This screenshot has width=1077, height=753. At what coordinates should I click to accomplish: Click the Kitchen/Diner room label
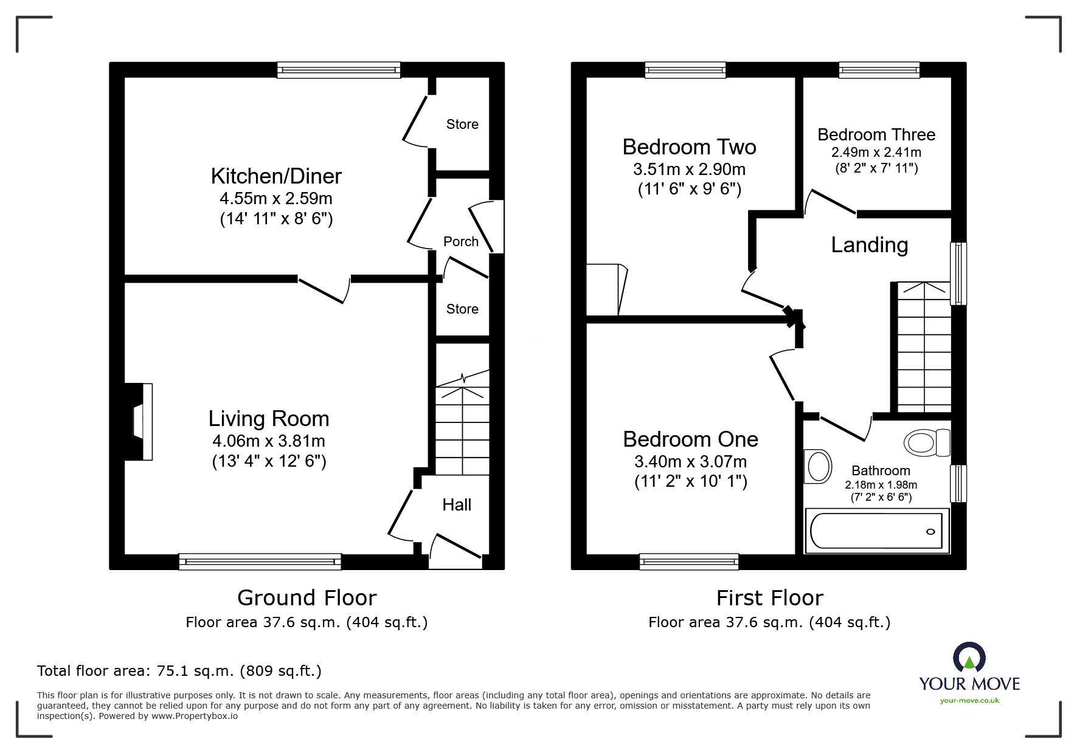(x=276, y=176)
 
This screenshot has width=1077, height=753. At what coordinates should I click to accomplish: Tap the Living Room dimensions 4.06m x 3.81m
(x=268, y=441)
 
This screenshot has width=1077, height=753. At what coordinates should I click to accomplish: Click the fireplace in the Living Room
(x=139, y=421)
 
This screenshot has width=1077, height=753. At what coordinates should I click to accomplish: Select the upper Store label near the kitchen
(x=462, y=125)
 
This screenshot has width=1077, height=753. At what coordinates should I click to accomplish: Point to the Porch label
(x=460, y=242)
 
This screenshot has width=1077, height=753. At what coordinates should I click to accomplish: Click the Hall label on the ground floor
(x=457, y=505)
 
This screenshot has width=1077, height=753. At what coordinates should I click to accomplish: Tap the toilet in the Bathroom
(x=926, y=442)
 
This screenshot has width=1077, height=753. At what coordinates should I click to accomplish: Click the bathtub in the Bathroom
(x=876, y=531)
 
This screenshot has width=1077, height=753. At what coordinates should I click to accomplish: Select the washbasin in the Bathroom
(x=817, y=467)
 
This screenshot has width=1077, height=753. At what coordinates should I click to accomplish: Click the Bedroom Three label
(x=876, y=135)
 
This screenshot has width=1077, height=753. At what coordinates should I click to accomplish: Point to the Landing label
(x=869, y=245)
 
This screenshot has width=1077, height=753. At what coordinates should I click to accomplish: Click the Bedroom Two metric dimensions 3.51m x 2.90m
(x=689, y=170)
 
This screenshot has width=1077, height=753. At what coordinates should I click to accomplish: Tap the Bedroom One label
(x=690, y=439)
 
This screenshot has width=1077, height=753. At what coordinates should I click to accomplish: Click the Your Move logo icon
(x=969, y=658)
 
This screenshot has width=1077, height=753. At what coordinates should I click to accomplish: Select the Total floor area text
(x=179, y=671)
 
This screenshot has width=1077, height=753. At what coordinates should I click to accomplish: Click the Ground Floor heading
(x=306, y=598)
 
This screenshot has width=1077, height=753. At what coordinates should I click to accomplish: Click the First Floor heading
(x=769, y=598)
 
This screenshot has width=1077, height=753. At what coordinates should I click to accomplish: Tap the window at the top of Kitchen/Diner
(x=339, y=70)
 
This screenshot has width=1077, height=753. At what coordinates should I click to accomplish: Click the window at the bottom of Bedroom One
(x=689, y=562)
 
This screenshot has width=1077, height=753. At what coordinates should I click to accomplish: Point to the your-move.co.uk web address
(x=969, y=701)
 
